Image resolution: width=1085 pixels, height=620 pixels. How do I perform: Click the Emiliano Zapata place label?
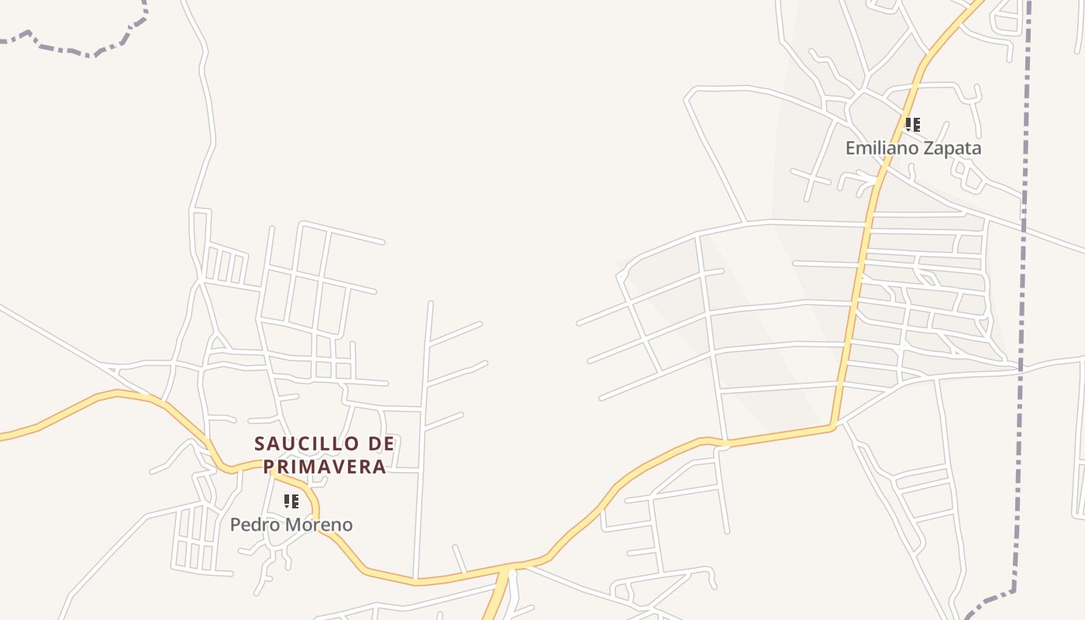pyautogui.click(x=913, y=148)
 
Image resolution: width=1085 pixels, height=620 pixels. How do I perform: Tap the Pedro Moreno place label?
pyautogui.click(x=291, y=525)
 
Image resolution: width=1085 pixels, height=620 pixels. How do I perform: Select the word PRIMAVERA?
pyautogui.click(x=325, y=467)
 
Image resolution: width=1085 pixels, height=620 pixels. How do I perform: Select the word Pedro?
pyautogui.click(x=253, y=525)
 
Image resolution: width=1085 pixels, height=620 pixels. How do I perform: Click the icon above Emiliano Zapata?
pyautogui.click(x=913, y=124)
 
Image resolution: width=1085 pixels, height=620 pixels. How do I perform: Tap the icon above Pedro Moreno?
pyautogui.click(x=291, y=501)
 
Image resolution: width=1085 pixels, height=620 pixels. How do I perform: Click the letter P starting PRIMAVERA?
pyautogui.click(x=270, y=467)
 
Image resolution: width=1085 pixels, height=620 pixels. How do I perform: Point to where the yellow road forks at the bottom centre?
pyautogui.click(x=508, y=569)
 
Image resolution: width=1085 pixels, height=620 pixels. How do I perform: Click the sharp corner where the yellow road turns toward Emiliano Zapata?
pyautogui.click(x=833, y=425)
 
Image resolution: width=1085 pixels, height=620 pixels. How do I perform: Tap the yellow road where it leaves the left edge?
pyautogui.click(x=3, y=438)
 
